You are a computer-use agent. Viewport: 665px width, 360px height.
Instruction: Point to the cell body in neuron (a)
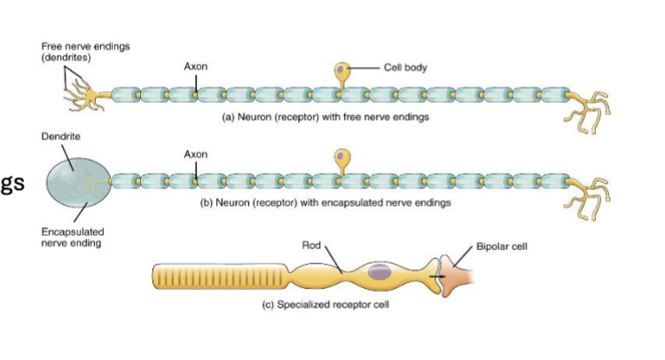pyautogui.click(x=341, y=71)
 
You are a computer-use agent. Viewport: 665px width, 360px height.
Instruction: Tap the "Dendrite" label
pyautogui.click(x=57, y=137)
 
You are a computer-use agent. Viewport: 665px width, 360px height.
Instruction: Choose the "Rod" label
pyautogui.click(x=310, y=244)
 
